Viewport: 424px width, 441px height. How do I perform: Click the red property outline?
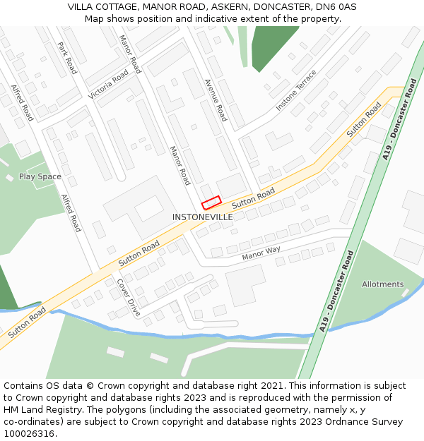[x=211, y=203]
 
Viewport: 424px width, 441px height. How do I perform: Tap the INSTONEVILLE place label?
[x=202, y=217]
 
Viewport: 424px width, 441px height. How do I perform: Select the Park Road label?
[x=66, y=58]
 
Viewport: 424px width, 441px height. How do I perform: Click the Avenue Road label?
[x=215, y=99]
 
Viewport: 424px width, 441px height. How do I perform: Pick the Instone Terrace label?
[x=296, y=90]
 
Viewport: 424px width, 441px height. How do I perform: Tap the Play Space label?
[x=40, y=176]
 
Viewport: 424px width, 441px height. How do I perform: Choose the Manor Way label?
[x=261, y=253]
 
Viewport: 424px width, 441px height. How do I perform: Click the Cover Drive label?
[x=129, y=297]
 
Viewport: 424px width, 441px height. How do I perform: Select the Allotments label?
[x=383, y=284]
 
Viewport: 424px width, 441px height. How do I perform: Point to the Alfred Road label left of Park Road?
[x=22, y=103]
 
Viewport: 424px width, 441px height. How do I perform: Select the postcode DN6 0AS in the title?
[x=336, y=7]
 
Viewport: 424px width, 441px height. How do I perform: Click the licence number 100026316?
[x=29, y=434]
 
